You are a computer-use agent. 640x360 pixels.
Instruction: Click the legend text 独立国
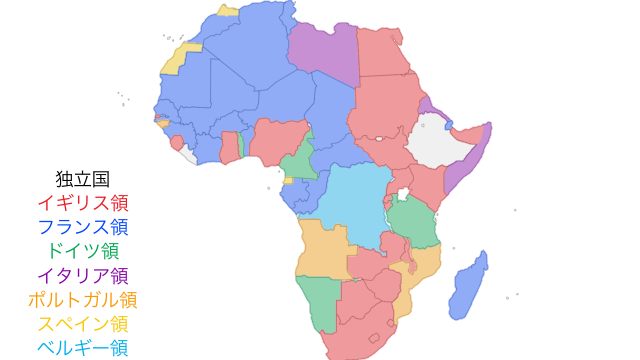[x=82, y=178]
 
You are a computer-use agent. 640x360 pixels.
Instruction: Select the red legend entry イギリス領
[x=82, y=202]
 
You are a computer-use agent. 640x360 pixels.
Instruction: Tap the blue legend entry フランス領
[x=82, y=226]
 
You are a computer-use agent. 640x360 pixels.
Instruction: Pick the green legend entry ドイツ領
[x=82, y=250]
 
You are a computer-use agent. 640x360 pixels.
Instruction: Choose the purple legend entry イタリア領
[x=82, y=274]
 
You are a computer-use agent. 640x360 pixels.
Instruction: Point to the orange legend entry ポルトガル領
[x=82, y=299]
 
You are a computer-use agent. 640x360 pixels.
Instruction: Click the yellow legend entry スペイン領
[x=82, y=323]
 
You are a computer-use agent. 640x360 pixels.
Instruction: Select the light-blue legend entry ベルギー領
[x=82, y=347]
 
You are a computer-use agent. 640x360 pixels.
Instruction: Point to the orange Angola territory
[x=322, y=250]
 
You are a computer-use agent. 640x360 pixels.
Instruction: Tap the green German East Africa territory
[x=411, y=222]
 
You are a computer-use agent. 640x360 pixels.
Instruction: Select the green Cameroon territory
[x=298, y=160]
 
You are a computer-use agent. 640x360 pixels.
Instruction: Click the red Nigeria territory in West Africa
[x=277, y=140]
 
